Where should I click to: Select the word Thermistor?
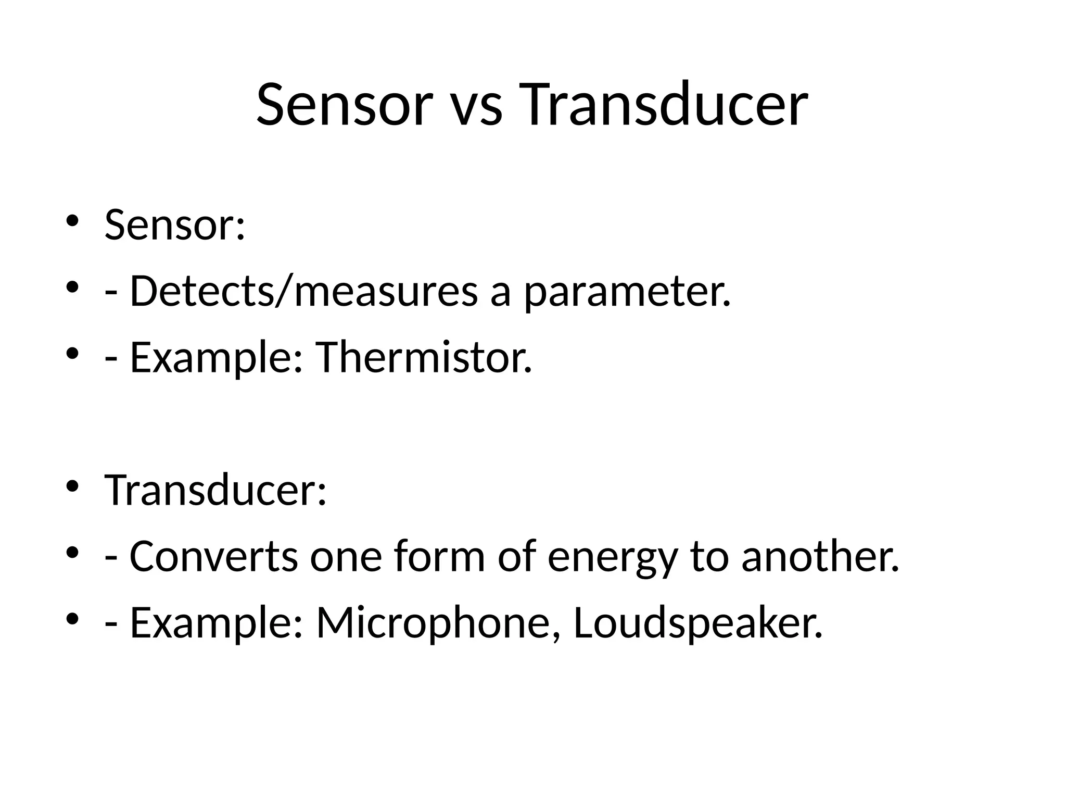coord(424,358)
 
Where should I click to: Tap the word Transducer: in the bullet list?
coord(215,490)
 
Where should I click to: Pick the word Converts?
coord(213,556)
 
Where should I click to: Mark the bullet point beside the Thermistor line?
coord(72,353)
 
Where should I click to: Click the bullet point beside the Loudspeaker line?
coord(72,618)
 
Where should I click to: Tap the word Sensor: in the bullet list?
coord(174,226)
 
